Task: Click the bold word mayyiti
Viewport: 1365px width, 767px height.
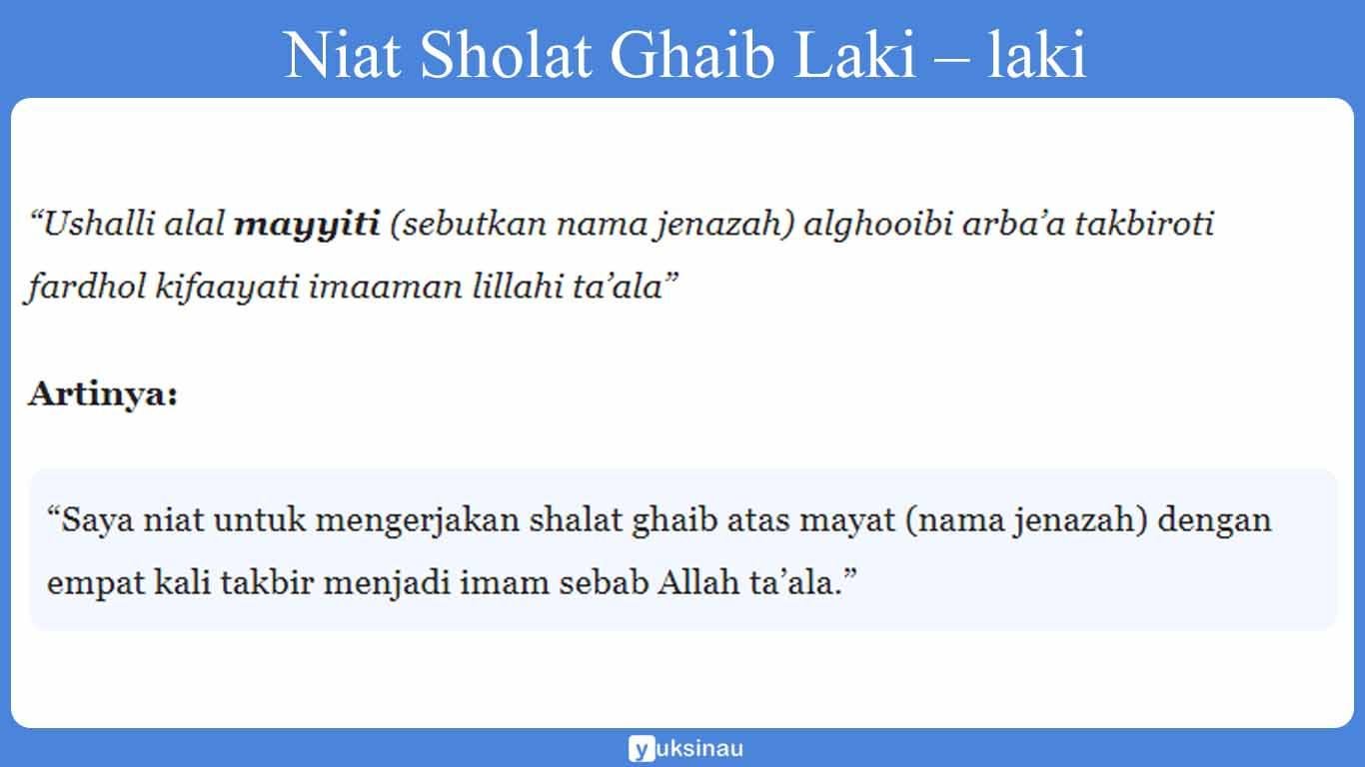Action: pyautogui.click(x=307, y=225)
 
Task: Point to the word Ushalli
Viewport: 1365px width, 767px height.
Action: pyautogui.click(x=94, y=225)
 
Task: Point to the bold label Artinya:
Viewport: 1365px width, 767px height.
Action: pyautogui.click(x=103, y=394)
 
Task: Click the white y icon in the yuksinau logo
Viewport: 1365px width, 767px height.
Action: pyautogui.click(x=641, y=748)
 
